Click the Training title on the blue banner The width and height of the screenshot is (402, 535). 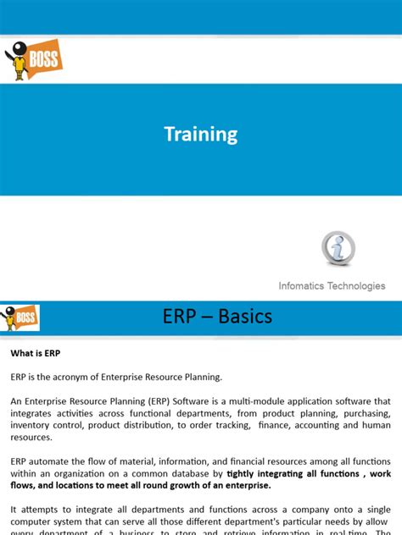tap(201, 135)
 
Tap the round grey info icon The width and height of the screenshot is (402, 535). tap(338, 249)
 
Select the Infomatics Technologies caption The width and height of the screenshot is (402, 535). tap(332, 286)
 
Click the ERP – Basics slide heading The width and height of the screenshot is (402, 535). tap(217, 317)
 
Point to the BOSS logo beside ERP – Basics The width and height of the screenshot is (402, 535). tap(21, 317)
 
